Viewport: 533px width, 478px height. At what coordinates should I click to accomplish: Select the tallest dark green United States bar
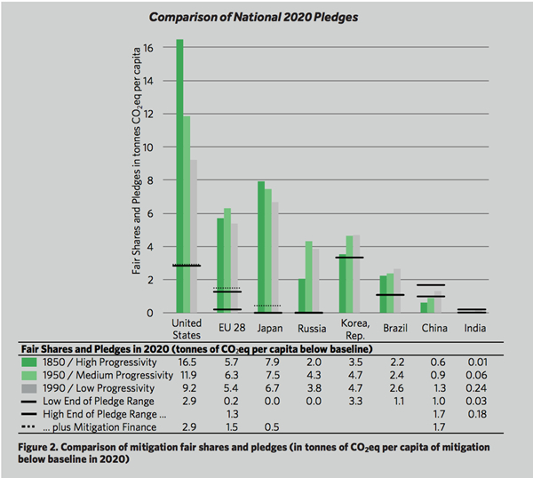click(179, 178)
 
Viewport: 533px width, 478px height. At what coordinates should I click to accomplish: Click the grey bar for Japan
click(274, 258)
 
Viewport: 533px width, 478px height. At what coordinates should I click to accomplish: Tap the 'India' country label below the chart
click(474, 328)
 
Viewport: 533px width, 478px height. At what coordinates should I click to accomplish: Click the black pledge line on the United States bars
click(187, 266)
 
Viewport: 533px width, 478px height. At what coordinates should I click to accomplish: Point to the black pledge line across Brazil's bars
click(391, 294)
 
